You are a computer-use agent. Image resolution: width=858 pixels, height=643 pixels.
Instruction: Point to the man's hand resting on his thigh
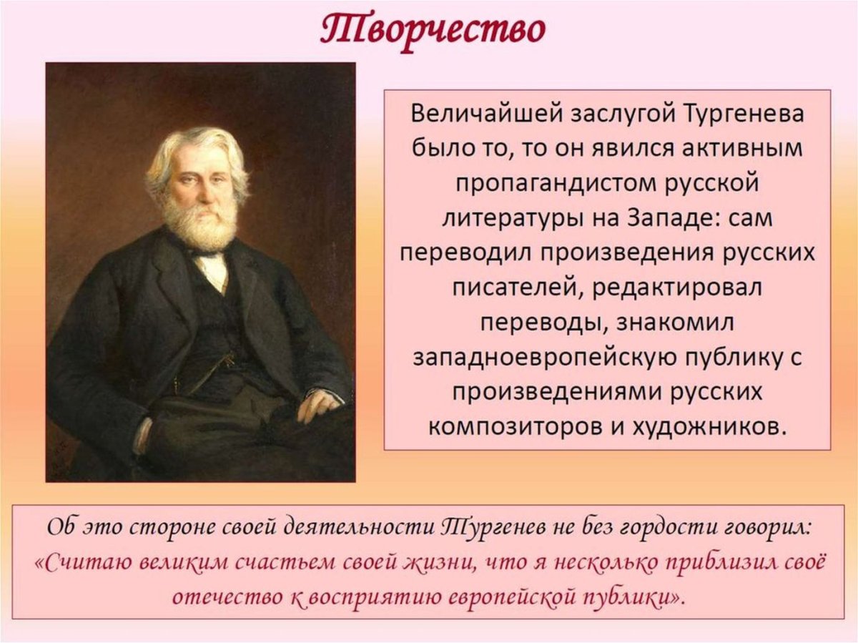(x=318, y=406)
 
